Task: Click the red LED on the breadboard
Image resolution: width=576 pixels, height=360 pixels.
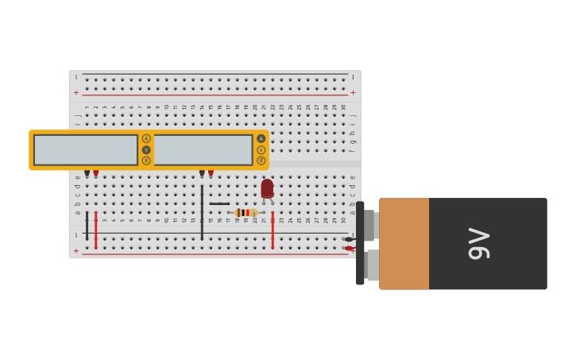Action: [267, 189]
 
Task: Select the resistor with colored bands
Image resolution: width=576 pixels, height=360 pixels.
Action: [245, 212]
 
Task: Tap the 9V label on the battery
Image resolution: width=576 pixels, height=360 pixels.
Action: [479, 243]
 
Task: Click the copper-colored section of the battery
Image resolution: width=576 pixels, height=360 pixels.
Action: [404, 243]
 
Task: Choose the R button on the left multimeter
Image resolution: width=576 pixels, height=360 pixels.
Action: [146, 161]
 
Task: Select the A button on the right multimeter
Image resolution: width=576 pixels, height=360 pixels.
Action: [261, 138]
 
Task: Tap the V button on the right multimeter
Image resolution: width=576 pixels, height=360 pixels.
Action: [261, 149]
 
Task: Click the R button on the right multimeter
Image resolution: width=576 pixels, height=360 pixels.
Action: [261, 161]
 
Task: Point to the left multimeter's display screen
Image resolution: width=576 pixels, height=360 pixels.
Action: [86, 150]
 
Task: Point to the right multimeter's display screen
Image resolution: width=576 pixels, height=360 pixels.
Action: [203, 150]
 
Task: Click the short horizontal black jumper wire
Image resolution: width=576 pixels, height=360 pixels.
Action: [219, 203]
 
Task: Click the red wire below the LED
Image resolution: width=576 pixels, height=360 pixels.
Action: [273, 230]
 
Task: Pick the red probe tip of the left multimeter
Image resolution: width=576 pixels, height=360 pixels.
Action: [96, 172]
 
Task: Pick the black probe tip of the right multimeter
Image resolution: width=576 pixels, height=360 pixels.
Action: [202, 172]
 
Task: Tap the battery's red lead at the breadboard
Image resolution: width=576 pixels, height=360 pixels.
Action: [348, 248]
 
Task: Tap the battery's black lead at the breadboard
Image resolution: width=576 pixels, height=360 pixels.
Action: [348, 239]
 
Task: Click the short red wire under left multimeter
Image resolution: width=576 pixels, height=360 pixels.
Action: [96, 230]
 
